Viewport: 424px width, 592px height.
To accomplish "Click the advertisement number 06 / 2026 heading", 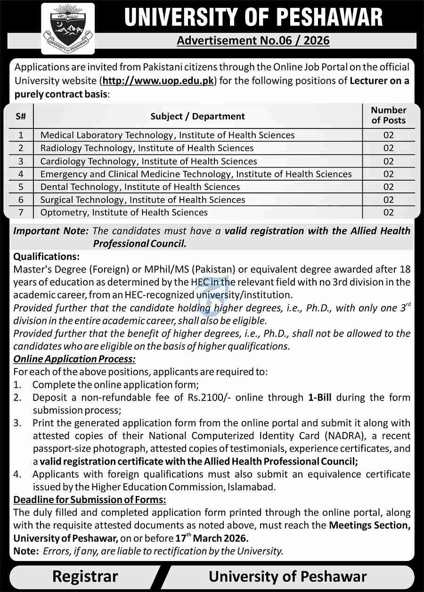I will coord(253,40).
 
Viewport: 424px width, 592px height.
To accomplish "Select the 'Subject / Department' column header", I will coord(197,116).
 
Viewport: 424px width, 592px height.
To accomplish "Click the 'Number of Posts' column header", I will coord(388,115).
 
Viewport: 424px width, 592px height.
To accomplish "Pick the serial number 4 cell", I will coord(21,174).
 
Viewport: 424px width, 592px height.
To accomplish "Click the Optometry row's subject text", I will coord(124,212).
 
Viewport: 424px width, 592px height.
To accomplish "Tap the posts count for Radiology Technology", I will coord(388,148).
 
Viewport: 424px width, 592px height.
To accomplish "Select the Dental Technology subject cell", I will coord(140,187).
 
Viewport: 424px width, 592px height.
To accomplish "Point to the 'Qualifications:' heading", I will coord(47,257).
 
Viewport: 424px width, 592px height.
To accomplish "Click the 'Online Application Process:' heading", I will coord(74,359).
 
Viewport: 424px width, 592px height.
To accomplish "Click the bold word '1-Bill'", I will coord(319,398).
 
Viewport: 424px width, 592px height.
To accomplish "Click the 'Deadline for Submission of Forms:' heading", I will coord(90,499).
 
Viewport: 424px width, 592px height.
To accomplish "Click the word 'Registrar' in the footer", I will coord(85,576).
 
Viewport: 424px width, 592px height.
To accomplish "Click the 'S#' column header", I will coord(21,116).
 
